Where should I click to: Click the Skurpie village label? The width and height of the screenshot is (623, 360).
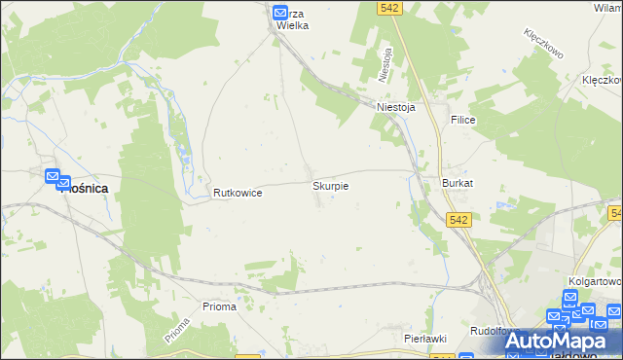tap(330, 185)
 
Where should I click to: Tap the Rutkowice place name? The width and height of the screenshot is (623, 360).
tap(238, 194)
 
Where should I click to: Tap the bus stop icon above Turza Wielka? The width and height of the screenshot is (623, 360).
tap(280, 13)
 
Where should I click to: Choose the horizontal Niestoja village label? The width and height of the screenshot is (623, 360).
tap(396, 108)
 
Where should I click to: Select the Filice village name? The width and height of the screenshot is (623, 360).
tap(461, 119)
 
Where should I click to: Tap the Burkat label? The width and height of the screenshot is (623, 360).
tap(457, 183)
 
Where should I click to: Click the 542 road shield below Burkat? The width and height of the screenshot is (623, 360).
tap(460, 221)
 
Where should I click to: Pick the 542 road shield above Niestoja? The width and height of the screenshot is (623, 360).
tap(390, 7)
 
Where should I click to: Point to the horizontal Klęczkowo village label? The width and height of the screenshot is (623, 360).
tap(602, 81)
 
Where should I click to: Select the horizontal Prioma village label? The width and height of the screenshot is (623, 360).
tap(219, 306)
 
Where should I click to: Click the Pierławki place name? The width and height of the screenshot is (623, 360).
tap(424, 338)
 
